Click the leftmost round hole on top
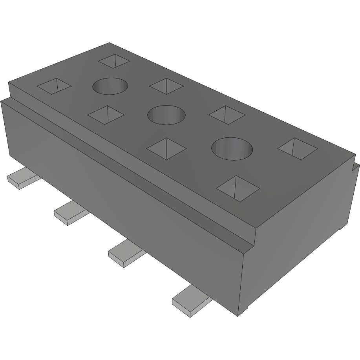click(110, 86)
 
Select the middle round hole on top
click(166, 115)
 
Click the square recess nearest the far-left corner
click(55, 86)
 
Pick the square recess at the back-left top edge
click(114, 60)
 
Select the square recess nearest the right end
click(297, 149)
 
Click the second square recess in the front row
click(106, 115)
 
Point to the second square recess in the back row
click(166, 86)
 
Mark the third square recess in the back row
click(227, 115)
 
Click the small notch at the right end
click(356, 166)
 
